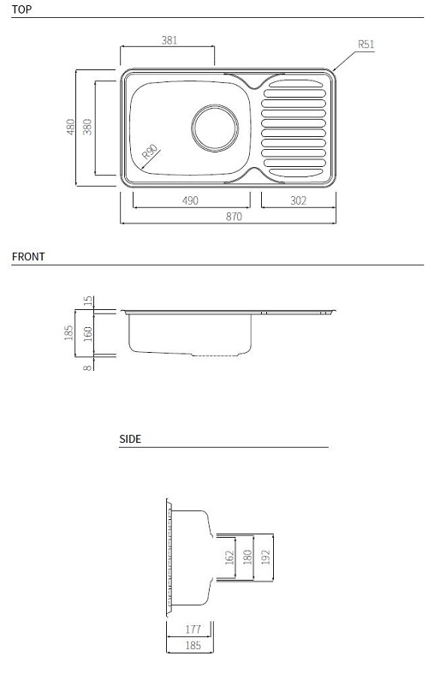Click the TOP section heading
21,9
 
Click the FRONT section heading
28,257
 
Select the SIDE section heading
130,438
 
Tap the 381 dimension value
169,40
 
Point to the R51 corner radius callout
366,44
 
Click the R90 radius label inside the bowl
151,152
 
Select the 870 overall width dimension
234,216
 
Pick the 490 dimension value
190,200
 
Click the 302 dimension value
298,200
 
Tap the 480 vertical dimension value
70,127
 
